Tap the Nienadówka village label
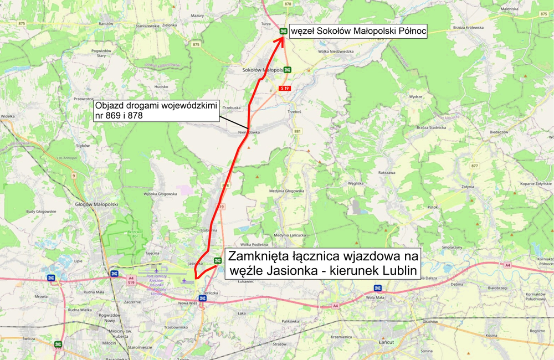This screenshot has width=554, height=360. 249,132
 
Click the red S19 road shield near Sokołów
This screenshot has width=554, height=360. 285,89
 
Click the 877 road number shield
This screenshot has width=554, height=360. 474,166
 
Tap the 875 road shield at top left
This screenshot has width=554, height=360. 22,23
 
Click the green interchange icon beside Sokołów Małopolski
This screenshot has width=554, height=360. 288,70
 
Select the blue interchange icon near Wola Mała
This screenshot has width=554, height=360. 377,288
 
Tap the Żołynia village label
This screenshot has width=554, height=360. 468,187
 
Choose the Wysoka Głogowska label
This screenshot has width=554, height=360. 160,194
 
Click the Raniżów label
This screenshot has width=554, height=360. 106,24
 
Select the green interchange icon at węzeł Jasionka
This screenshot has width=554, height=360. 217,260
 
